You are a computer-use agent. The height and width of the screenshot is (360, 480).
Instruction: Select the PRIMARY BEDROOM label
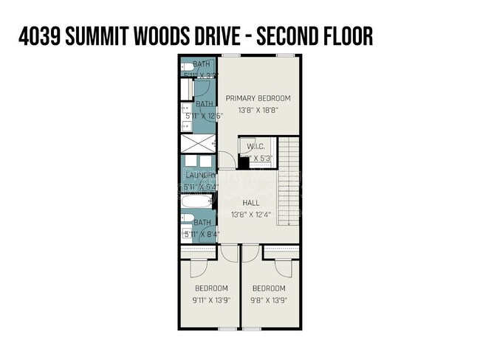click(x=258, y=98)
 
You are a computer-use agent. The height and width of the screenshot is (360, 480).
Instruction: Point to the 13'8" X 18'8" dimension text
click(x=258, y=111)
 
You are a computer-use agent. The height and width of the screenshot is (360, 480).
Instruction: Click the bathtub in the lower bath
click(x=196, y=201)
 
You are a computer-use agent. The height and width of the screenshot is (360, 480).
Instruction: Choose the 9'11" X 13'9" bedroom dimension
click(x=210, y=300)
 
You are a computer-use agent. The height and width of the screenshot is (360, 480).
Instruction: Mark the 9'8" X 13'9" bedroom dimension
click(x=268, y=300)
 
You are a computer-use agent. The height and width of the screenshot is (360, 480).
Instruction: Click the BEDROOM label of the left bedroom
click(x=210, y=288)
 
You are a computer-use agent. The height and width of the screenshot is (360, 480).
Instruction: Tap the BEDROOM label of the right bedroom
click(x=268, y=288)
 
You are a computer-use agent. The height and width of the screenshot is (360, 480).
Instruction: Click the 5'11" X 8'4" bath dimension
click(x=202, y=235)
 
